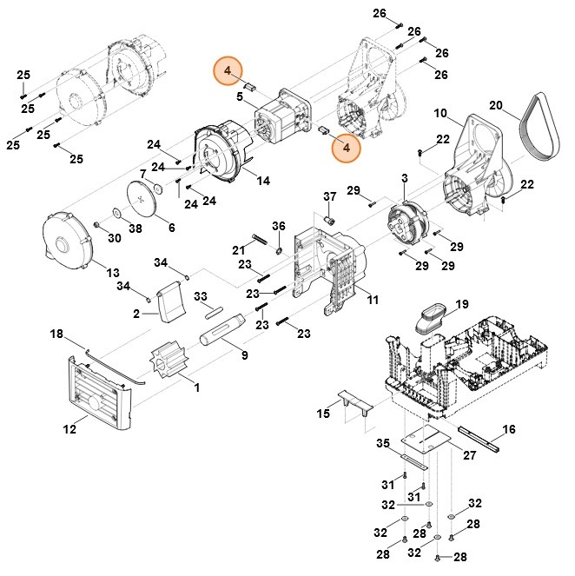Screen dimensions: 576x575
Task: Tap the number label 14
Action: pyautogui.click(x=263, y=180)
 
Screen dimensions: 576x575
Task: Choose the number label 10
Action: pyautogui.click(x=440, y=114)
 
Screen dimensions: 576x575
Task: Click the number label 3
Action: pyautogui.click(x=404, y=178)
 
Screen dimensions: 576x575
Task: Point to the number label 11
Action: pyautogui.click(x=372, y=300)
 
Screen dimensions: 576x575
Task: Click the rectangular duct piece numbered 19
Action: pyautogui.click(x=430, y=316)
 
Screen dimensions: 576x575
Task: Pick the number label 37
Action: pyautogui.click(x=329, y=195)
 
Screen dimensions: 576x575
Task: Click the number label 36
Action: pyautogui.click(x=279, y=226)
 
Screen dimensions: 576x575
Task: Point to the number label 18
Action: pyautogui.click(x=56, y=334)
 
